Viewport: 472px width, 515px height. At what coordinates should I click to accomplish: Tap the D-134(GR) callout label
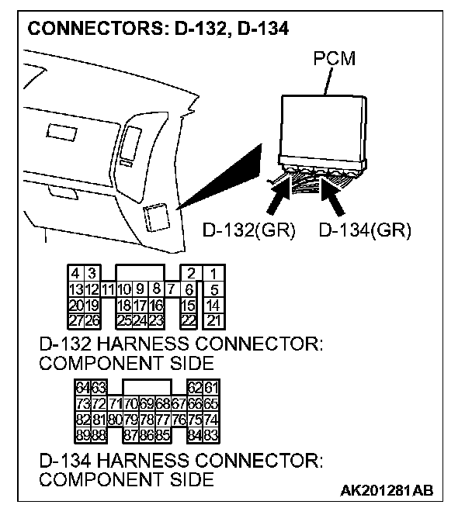click(364, 230)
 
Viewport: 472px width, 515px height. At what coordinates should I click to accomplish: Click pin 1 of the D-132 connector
click(213, 275)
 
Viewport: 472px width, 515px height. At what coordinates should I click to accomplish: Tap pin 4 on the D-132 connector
click(75, 275)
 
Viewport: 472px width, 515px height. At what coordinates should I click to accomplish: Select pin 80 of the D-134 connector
click(114, 420)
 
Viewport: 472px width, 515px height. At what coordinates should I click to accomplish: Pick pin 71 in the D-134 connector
click(114, 404)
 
